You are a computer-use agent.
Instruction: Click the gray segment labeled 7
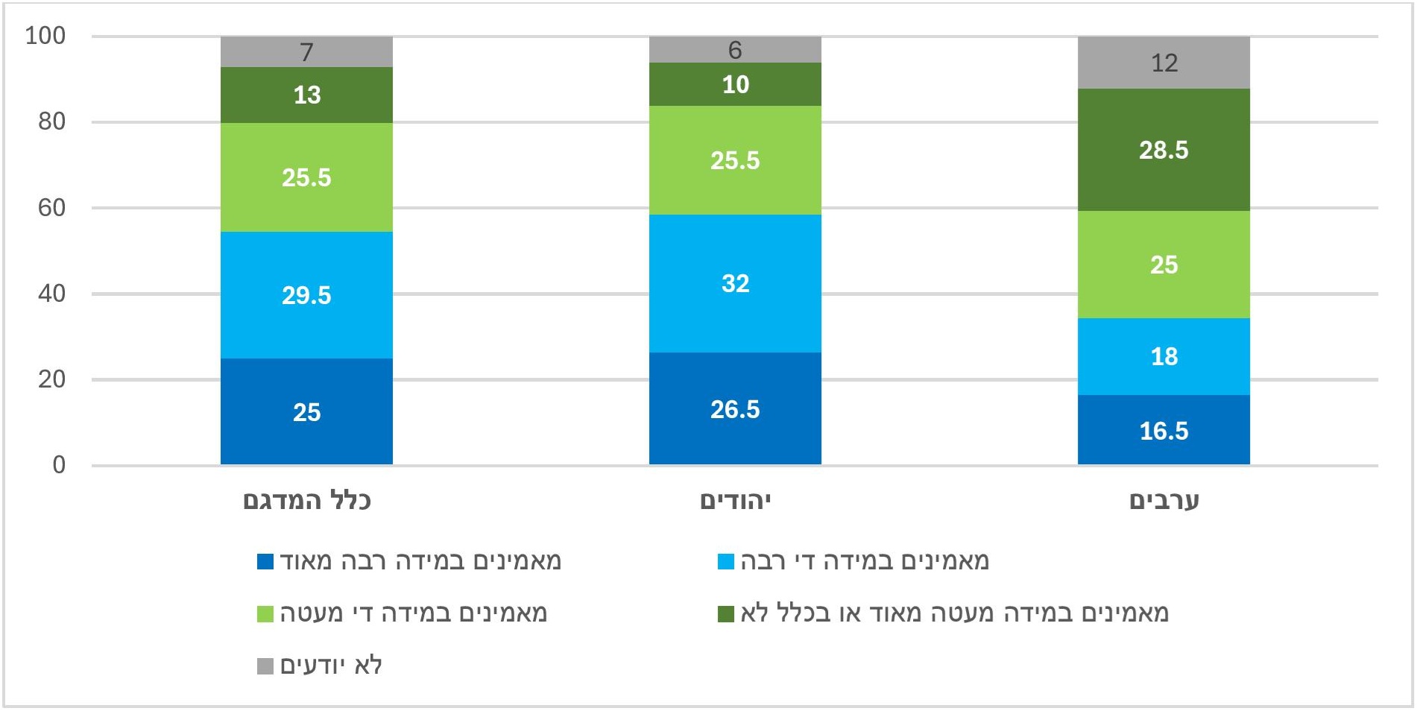pyautogui.click(x=306, y=51)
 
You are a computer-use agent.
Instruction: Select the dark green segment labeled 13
pyautogui.click(x=306, y=95)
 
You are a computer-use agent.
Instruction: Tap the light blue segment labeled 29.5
pyautogui.click(x=306, y=295)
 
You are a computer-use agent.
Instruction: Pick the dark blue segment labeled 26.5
pyautogui.click(x=735, y=408)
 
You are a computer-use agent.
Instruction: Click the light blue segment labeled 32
pyautogui.click(x=735, y=283)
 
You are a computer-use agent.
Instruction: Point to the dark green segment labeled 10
pyautogui.click(x=735, y=84)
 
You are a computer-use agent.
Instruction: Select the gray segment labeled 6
pyautogui.click(x=735, y=49)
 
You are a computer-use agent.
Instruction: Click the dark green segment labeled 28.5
pyautogui.click(x=1164, y=150)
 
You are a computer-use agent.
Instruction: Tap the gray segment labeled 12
pyautogui.click(x=1164, y=63)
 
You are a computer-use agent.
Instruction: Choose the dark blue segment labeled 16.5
pyautogui.click(x=1164, y=430)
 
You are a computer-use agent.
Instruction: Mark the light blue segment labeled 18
pyautogui.click(x=1164, y=356)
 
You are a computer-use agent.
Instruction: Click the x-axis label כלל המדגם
pyautogui.click(x=306, y=500)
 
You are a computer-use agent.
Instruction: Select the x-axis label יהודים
pyautogui.click(x=735, y=500)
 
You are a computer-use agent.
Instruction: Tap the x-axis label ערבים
pyautogui.click(x=1164, y=500)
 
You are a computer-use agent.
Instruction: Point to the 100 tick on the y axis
pyautogui.click(x=45, y=36)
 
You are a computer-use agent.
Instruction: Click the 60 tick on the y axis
pyautogui.click(x=51, y=208)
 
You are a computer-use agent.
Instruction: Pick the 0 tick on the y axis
pyautogui.click(x=59, y=465)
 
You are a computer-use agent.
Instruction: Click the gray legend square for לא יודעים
pyautogui.click(x=265, y=666)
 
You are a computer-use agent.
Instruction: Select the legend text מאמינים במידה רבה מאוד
pyautogui.click(x=420, y=561)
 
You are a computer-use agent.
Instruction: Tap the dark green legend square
pyautogui.click(x=725, y=613)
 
